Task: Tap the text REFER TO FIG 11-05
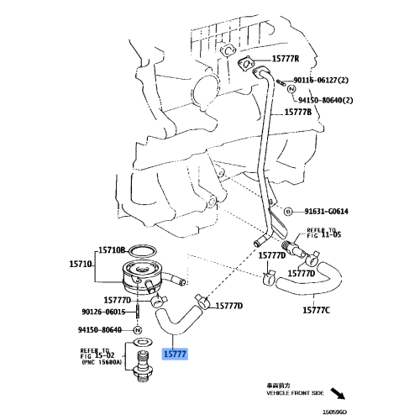point(324,234)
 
